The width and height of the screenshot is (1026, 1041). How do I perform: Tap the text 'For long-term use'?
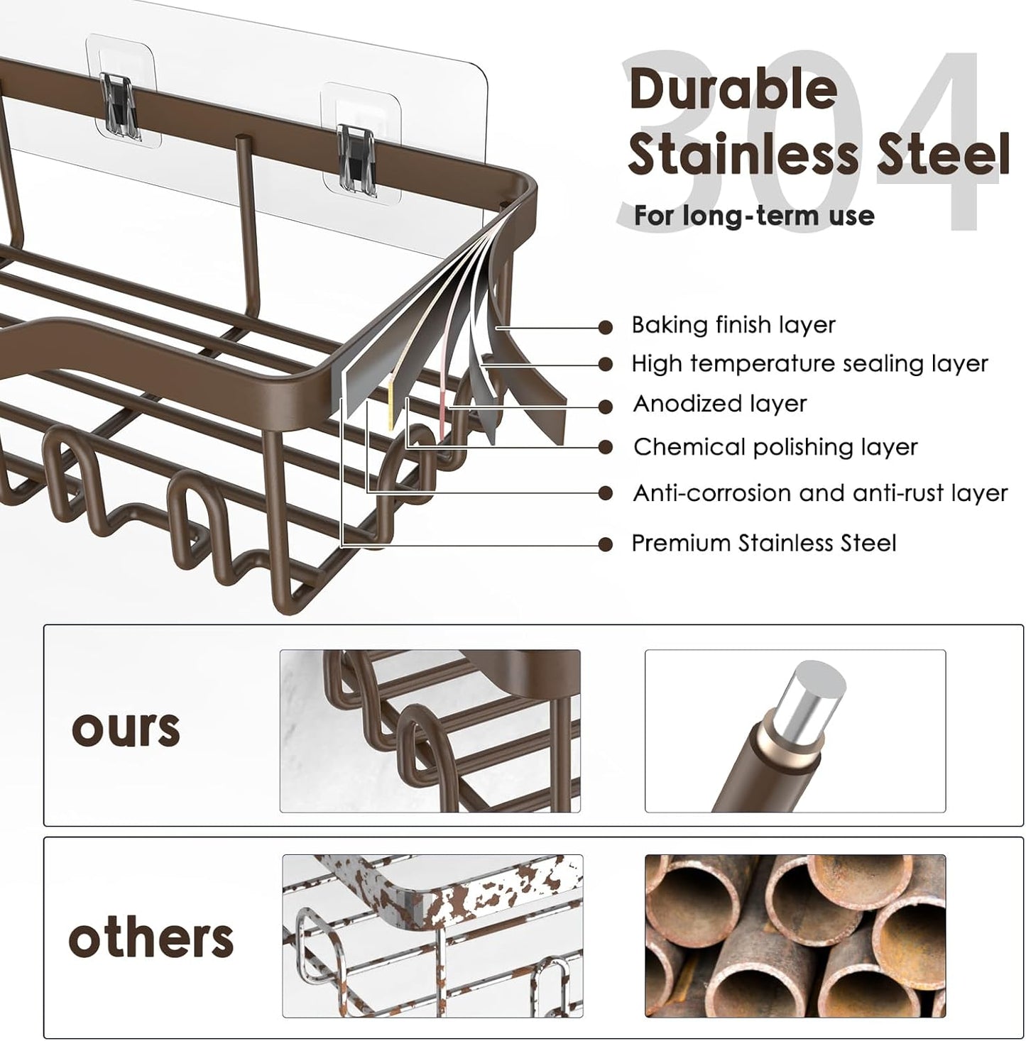tap(754, 216)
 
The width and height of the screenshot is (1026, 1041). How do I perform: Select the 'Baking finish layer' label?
tap(733, 325)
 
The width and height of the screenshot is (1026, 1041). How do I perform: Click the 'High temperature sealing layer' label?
tap(809, 363)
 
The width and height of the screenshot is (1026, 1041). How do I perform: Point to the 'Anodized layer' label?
tap(720, 404)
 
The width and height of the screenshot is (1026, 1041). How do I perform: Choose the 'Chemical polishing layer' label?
tap(776, 447)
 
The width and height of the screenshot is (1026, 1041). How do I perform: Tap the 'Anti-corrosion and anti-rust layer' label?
tap(821, 493)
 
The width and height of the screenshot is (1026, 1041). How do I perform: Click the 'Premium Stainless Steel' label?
tap(764, 544)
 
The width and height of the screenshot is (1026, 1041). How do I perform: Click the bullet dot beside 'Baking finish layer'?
tap(606, 328)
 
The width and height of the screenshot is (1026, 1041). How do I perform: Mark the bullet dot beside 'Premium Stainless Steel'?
tap(606, 545)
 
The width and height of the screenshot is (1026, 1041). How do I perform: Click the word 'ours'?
tap(126, 729)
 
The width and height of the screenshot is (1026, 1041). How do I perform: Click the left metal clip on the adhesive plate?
tap(119, 106)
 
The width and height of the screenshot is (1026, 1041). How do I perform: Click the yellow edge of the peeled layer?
tap(391, 405)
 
